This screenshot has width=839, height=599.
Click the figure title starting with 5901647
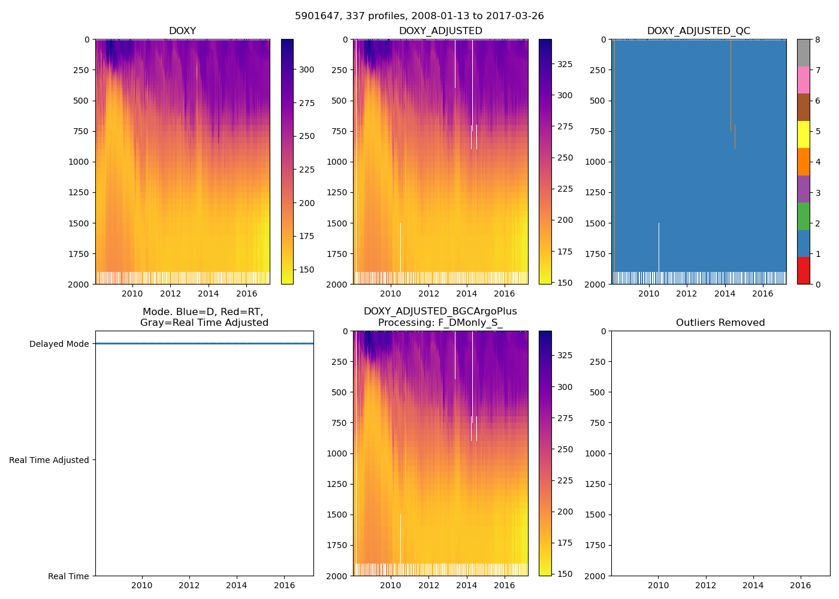(x=419, y=16)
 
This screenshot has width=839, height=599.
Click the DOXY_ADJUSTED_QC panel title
(x=698, y=31)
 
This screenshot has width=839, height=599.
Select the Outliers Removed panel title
(x=720, y=323)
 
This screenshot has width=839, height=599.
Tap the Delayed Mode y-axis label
(x=59, y=344)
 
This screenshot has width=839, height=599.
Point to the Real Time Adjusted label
(x=49, y=460)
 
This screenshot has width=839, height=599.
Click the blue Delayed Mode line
(x=204, y=344)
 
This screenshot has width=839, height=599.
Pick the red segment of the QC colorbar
(x=803, y=270)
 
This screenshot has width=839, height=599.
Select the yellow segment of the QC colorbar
(x=803, y=134)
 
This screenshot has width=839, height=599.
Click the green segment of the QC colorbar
(x=803, y=216)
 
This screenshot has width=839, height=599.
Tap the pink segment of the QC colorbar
(x=803, y=80)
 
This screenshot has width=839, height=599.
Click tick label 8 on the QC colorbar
(x=818, y=40)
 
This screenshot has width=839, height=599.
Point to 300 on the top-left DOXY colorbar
(x=307, y=69)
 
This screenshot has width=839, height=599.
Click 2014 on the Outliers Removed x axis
(x=753, y=585)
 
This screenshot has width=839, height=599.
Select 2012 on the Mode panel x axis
(x=189, y=585)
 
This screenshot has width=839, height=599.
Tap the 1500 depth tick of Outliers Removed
(x=597, y=515)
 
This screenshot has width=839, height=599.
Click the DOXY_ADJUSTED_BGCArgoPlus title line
(x=440, y=311)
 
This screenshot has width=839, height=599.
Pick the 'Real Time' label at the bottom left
(x=68, y=576)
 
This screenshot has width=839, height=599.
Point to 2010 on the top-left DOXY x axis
(x=132, y=294)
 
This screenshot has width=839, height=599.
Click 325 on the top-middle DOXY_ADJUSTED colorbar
(x=565, y=64)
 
